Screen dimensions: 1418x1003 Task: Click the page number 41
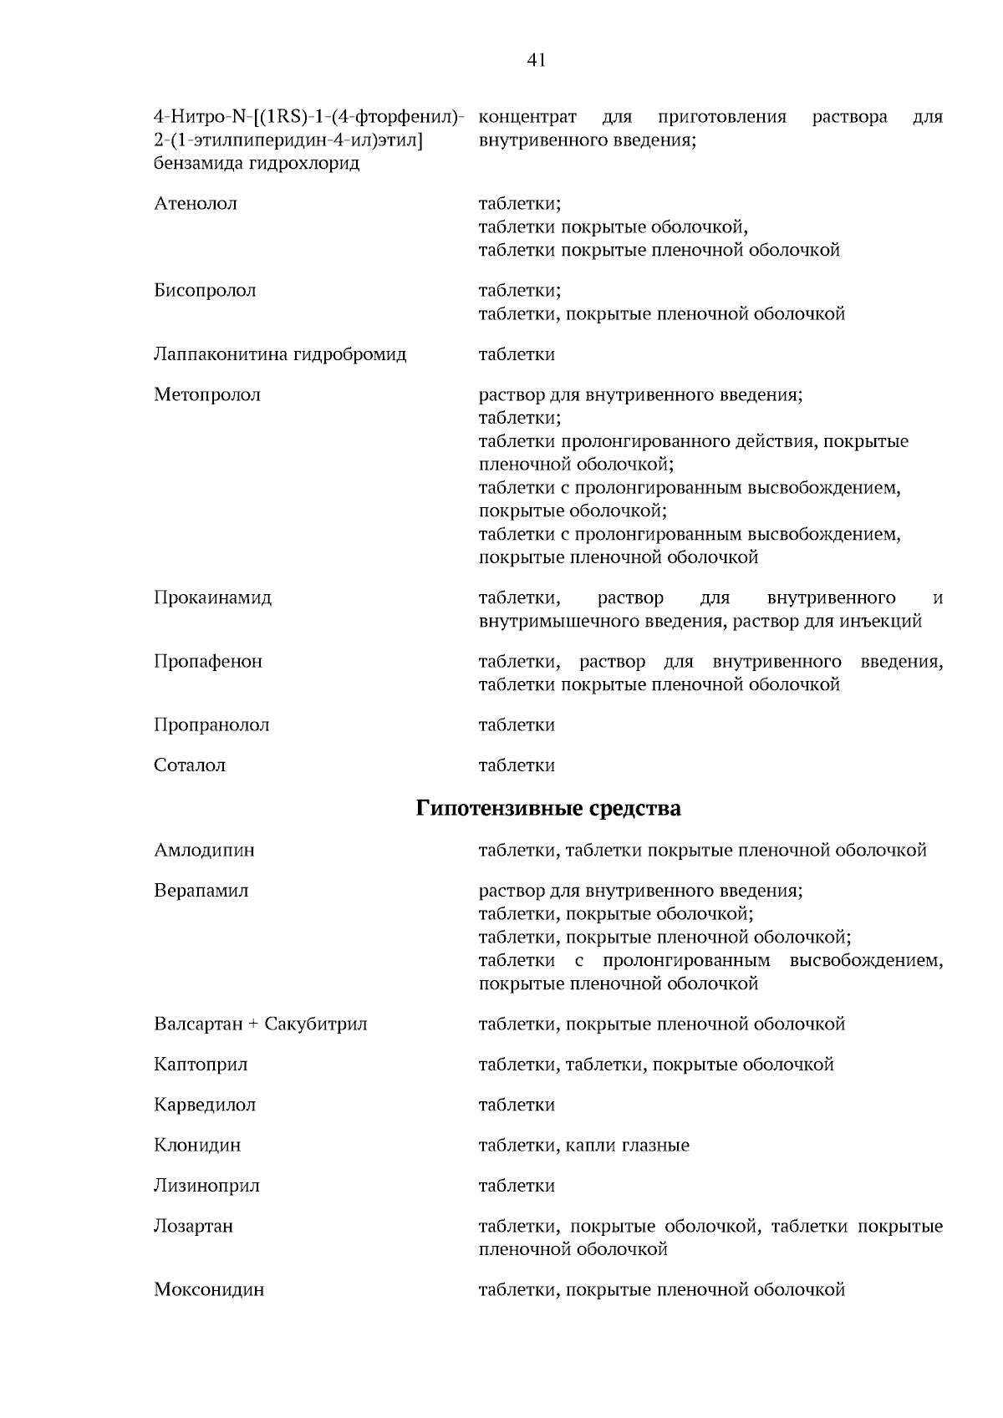pyautogui.click(x=537, y=60)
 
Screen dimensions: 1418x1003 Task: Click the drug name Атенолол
pyautogui.click(x=196, y=204)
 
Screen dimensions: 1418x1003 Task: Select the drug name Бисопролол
pyautogui.click(x=205, y=291)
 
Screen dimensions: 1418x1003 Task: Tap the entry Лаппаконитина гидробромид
pyautogui.click(x=280, y=354)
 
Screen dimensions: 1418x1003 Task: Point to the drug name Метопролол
pyautogui.click(x=207, y=394)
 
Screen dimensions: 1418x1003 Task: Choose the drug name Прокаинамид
pyautogui.click(x=212, y=598)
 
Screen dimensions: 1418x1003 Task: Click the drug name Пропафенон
pyautogui.click(x=208, y=662)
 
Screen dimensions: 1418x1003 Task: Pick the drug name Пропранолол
pyautogui.click(x=211, y=725)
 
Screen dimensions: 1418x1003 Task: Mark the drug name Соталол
pyautogui.click(x=190, y=765)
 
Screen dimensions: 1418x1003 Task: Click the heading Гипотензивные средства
pyautogui.click(x=548, y=809)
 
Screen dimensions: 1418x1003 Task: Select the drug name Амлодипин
pyautogui.click(x=204, y=851)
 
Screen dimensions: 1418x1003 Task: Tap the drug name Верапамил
pyautogui.click(x=201, y=891)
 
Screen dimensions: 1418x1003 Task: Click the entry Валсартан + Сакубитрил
pyautogui.click(x=261, y=1024)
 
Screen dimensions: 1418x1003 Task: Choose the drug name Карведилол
pyautogui.click(x=205, y=1105)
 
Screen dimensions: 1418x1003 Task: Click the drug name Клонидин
pyautogui.click(x=197, y=1146)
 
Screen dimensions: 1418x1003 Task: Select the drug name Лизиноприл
pyautogui.click(x=206, y=1186)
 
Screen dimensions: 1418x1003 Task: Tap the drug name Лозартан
pyautogui.click(x=193, y=1227)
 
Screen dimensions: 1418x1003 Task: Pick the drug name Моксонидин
pyautogui.click(x=209, y=1290)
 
